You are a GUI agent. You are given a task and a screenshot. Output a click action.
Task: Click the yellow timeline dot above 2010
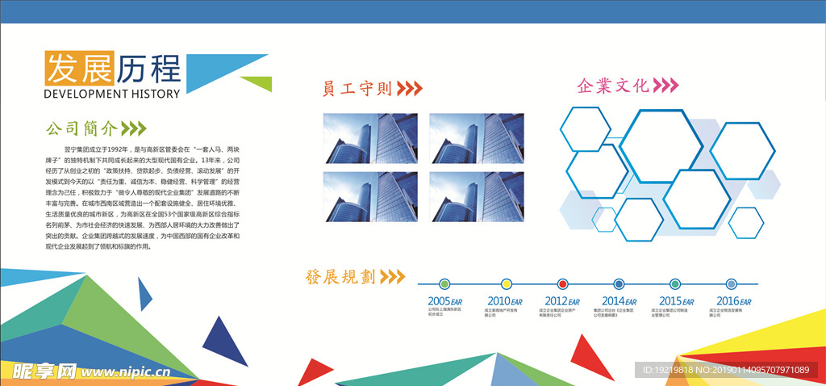pos(507,284)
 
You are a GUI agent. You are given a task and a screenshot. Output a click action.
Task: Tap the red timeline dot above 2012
pos(563,284)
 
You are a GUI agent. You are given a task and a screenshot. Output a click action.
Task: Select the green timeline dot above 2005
pos(444,284)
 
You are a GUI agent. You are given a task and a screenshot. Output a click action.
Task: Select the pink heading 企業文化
pos(613,86)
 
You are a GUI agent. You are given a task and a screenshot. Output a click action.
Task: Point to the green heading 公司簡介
pos(81,128)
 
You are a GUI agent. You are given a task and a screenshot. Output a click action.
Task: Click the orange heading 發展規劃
pos(340,277)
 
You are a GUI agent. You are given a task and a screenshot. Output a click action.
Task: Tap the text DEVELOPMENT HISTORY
pos(111,94)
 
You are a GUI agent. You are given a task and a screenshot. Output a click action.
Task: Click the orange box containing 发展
pos(79,69)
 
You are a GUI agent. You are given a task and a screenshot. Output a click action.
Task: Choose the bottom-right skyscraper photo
pos(477,196)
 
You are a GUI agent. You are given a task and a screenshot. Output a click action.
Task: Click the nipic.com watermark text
pos(121,371)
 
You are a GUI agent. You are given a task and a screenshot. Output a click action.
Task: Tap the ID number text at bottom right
pos(725,370)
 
